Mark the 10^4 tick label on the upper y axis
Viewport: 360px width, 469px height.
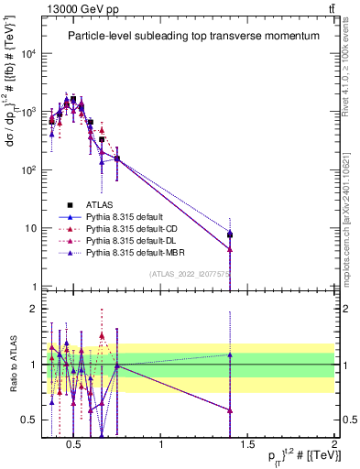pyautogui.click(x=28, y=53)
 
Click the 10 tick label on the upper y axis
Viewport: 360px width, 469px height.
pyautogui.click(x=30, y=228)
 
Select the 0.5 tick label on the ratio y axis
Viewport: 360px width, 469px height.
pyautogui.click(x=27, y=420)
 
